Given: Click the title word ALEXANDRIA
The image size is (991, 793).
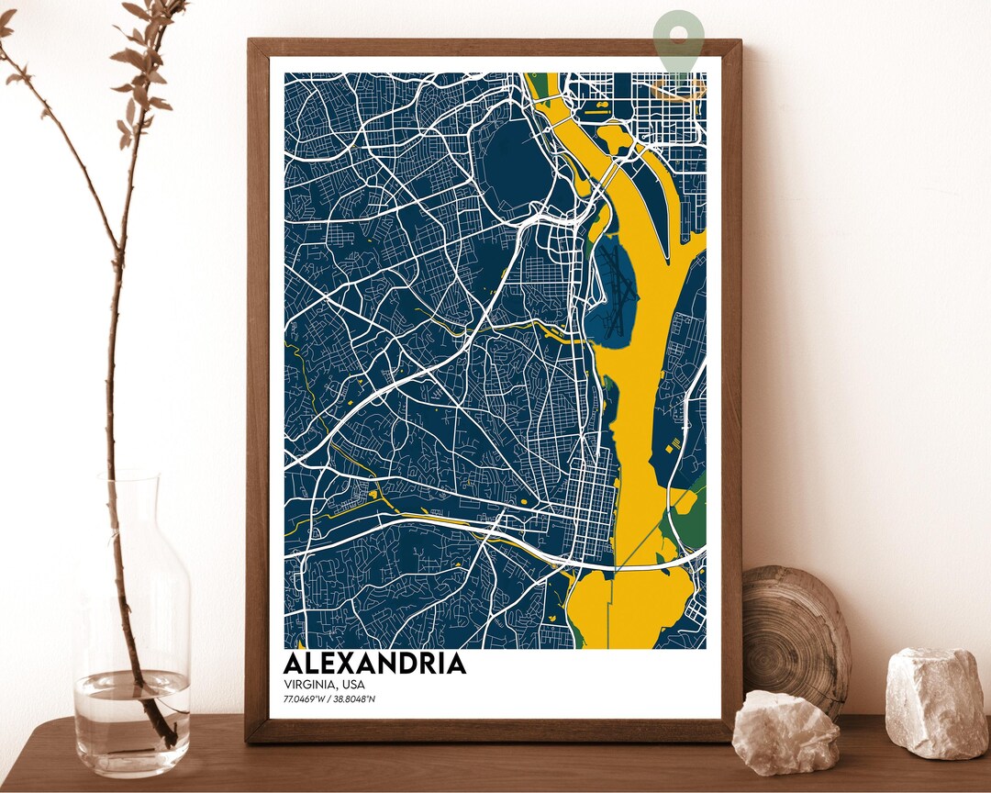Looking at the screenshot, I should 374,664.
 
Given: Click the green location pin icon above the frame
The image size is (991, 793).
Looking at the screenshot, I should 679,37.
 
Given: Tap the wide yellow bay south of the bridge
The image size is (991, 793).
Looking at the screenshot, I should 624,606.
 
